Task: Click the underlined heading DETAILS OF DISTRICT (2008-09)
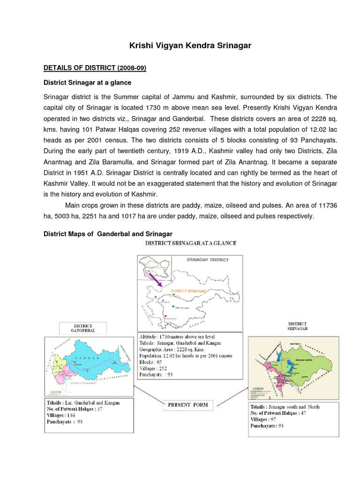point(95,68)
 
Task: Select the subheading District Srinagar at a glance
point(87,82)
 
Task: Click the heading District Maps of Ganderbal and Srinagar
point(108,233)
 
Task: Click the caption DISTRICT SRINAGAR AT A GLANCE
point(191,243)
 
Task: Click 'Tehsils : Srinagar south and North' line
point(285,406)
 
